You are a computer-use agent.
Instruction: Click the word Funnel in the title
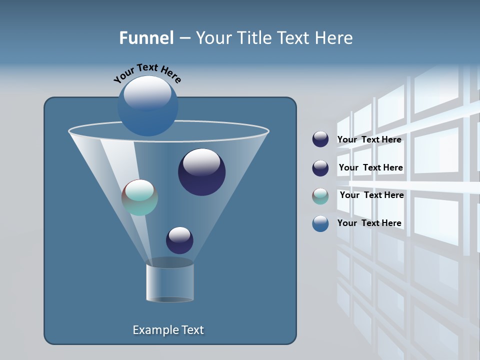click(146, 38)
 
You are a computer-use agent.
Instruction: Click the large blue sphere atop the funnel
click(147, 105)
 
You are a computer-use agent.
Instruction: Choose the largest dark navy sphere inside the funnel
click(201, 172)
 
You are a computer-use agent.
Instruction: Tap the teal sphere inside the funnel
click(139, 197)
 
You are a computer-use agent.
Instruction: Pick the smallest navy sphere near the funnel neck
click(179, 240)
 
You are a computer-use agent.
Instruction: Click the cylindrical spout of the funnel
click(170, 282)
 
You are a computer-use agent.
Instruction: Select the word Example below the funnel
click(154, 330)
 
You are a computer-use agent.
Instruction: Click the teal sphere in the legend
click(320, 196)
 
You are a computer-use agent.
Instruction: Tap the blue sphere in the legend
click(320, 223)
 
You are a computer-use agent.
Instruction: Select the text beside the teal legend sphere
click(371, 195)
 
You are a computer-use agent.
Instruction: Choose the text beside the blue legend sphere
click(369, 223)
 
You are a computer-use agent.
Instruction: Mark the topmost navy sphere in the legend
click(320, 139)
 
